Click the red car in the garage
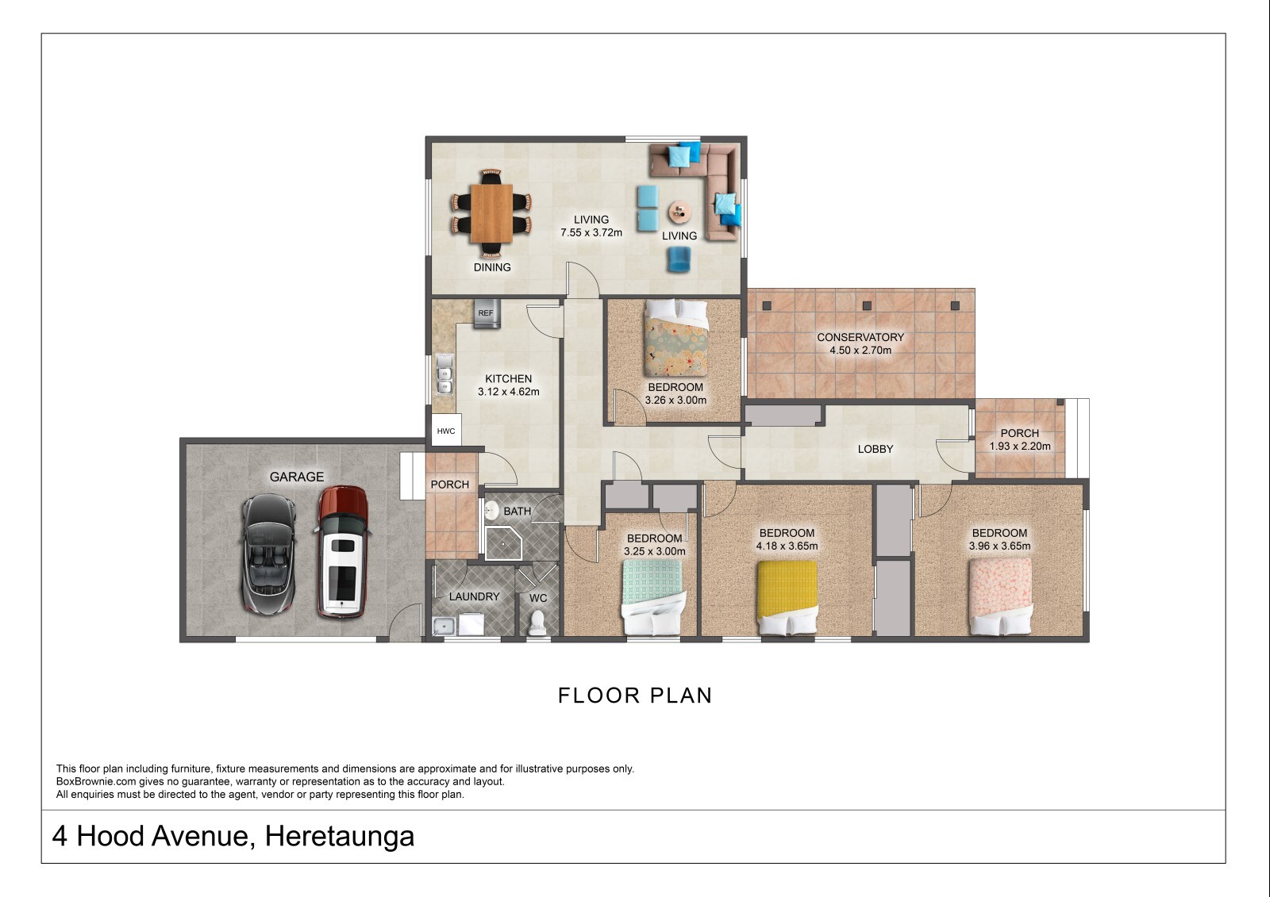(342, 551)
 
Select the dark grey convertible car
(269, 554)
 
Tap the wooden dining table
(491, 213)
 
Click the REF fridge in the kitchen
(487, 313)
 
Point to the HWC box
(446, 431)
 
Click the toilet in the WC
(537, 623)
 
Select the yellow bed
(787, 597)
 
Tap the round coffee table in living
(679, 213)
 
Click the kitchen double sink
(444, 374)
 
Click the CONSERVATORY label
(860, 337)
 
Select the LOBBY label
(876, 450)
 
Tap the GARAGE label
(297, 477)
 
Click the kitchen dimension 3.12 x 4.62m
(509, 392)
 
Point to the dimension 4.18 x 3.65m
(787, 546)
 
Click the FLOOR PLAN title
(635, 696)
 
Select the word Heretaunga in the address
(340, 837)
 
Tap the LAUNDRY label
(474, 596)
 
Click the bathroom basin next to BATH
(491, 510)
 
